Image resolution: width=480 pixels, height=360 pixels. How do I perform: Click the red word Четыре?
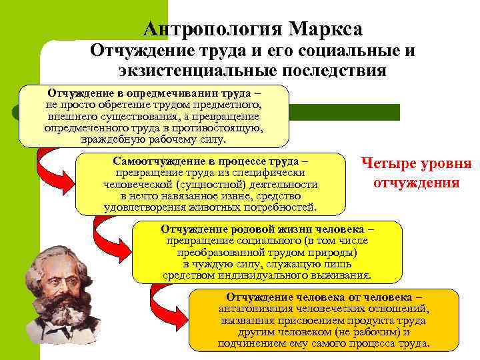[x=387, y=164]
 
